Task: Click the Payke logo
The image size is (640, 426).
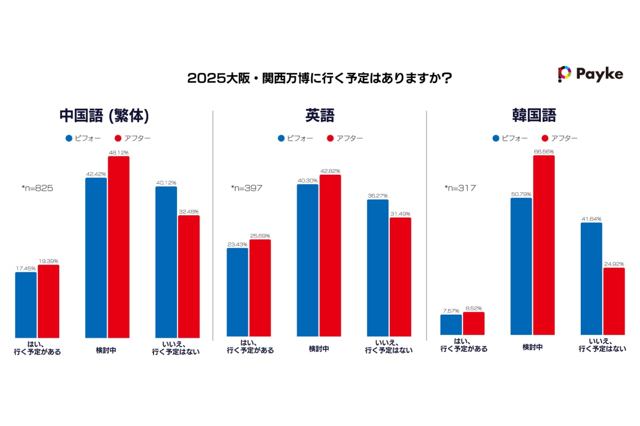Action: click(590, 74)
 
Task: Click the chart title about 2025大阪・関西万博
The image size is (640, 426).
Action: click(320, 78)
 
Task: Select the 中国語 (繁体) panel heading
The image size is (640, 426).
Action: click(103, 116)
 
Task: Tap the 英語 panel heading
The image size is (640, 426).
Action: click(319, 116)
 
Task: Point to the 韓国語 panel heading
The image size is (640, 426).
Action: click(533, 116)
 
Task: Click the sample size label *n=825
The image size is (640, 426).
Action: click(37, 188)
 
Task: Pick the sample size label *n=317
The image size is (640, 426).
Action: click(460, 188)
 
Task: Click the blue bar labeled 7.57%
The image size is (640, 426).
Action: click(451, 324)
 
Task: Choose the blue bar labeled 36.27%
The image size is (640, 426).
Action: click(378, 267)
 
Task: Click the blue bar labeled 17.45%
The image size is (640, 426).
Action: click(26, 304)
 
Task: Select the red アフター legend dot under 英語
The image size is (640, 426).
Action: click(330, 138)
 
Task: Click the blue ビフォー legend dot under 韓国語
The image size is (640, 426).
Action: click(496, 138)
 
